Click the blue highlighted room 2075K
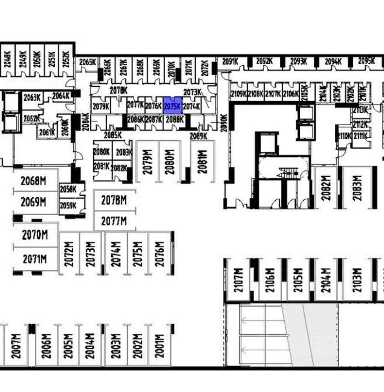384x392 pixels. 172,106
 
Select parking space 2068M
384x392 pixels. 33,180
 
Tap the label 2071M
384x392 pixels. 35,259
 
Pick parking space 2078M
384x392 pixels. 114,200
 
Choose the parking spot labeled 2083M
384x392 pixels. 357,188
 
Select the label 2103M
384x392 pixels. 357,280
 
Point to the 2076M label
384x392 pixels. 159,253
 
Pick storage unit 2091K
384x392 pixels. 230,62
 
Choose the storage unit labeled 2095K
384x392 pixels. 366,61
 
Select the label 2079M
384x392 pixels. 148,161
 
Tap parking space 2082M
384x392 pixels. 326,188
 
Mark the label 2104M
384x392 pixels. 326,280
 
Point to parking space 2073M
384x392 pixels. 90,253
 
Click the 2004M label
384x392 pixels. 90,346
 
